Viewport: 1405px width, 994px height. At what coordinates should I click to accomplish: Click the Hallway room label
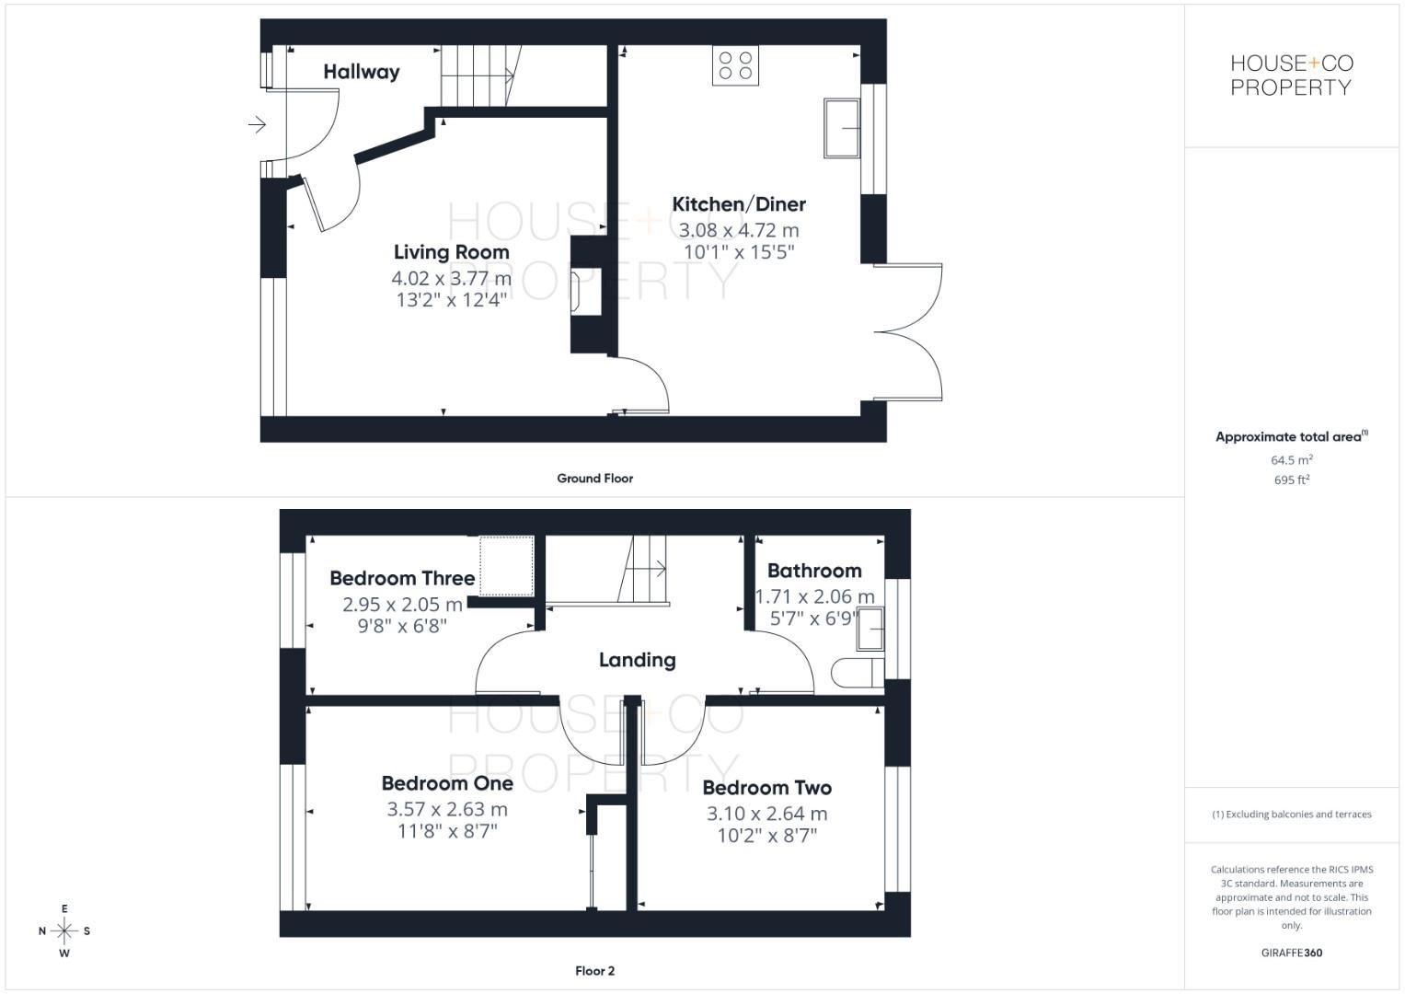(361, 72)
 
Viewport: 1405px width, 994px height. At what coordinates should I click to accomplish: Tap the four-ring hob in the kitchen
(735, 65)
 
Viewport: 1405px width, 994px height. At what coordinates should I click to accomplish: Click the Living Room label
(451, 252)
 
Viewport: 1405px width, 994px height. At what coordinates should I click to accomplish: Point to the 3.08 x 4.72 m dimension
(739, 230)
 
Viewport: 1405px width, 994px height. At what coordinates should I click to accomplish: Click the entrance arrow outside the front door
(257, 123)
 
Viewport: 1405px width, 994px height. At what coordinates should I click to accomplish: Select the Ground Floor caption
(594, 479)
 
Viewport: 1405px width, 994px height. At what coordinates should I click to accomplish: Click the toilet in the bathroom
(854, 673)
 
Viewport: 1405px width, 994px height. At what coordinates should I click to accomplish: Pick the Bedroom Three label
(402, 578)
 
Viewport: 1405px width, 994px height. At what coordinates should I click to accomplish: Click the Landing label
(637, 660)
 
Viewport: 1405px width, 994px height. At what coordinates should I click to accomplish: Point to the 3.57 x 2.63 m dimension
(447, 809)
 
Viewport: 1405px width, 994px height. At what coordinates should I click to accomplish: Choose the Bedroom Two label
(766, 788)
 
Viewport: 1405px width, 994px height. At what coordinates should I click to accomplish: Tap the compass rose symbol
(64, 930)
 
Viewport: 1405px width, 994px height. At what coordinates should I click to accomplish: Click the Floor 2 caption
(594, 971)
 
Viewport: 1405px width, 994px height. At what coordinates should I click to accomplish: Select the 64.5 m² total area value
(1292, 460)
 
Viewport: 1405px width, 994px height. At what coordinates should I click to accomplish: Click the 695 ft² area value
(1292, 480)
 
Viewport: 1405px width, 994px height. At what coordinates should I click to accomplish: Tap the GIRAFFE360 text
(1291, 953)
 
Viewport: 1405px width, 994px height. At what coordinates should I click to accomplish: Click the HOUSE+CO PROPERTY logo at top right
(1292, 75)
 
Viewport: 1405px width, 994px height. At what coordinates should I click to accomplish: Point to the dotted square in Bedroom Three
(506, 565)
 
